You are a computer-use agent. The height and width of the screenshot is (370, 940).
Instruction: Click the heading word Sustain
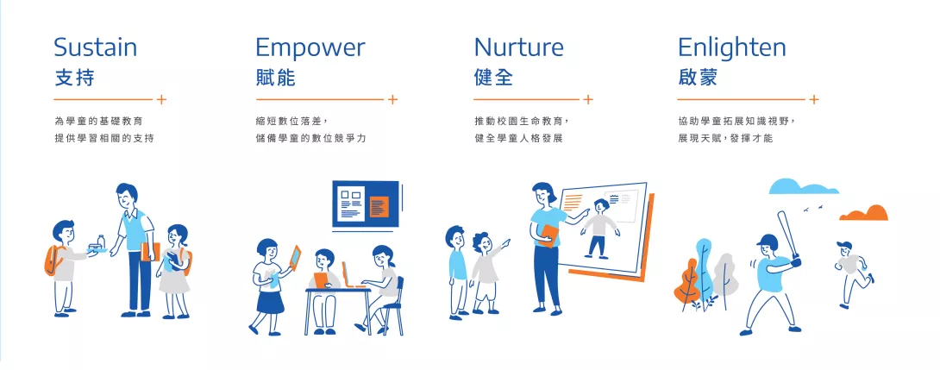point(96,47)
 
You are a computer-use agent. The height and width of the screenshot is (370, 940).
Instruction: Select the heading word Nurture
point(518,47)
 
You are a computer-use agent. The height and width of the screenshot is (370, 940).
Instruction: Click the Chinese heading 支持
point(74,78)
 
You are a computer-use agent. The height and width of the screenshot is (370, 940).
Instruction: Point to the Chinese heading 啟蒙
point(698,78)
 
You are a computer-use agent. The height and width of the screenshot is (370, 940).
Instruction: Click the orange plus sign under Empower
point(392,99)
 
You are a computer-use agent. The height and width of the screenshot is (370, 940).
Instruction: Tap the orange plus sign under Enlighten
point(813,99)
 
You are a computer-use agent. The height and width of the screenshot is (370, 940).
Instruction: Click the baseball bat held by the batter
point(787,235)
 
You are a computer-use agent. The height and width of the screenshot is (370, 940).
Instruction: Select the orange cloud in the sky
point(864,213)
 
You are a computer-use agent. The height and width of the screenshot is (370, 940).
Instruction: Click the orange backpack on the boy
point(52,260)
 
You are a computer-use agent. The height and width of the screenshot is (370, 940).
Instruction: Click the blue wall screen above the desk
point(366,204)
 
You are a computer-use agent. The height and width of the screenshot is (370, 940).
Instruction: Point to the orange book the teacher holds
point(548,235)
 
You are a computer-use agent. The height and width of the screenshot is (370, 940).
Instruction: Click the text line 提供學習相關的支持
point(104,138)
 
